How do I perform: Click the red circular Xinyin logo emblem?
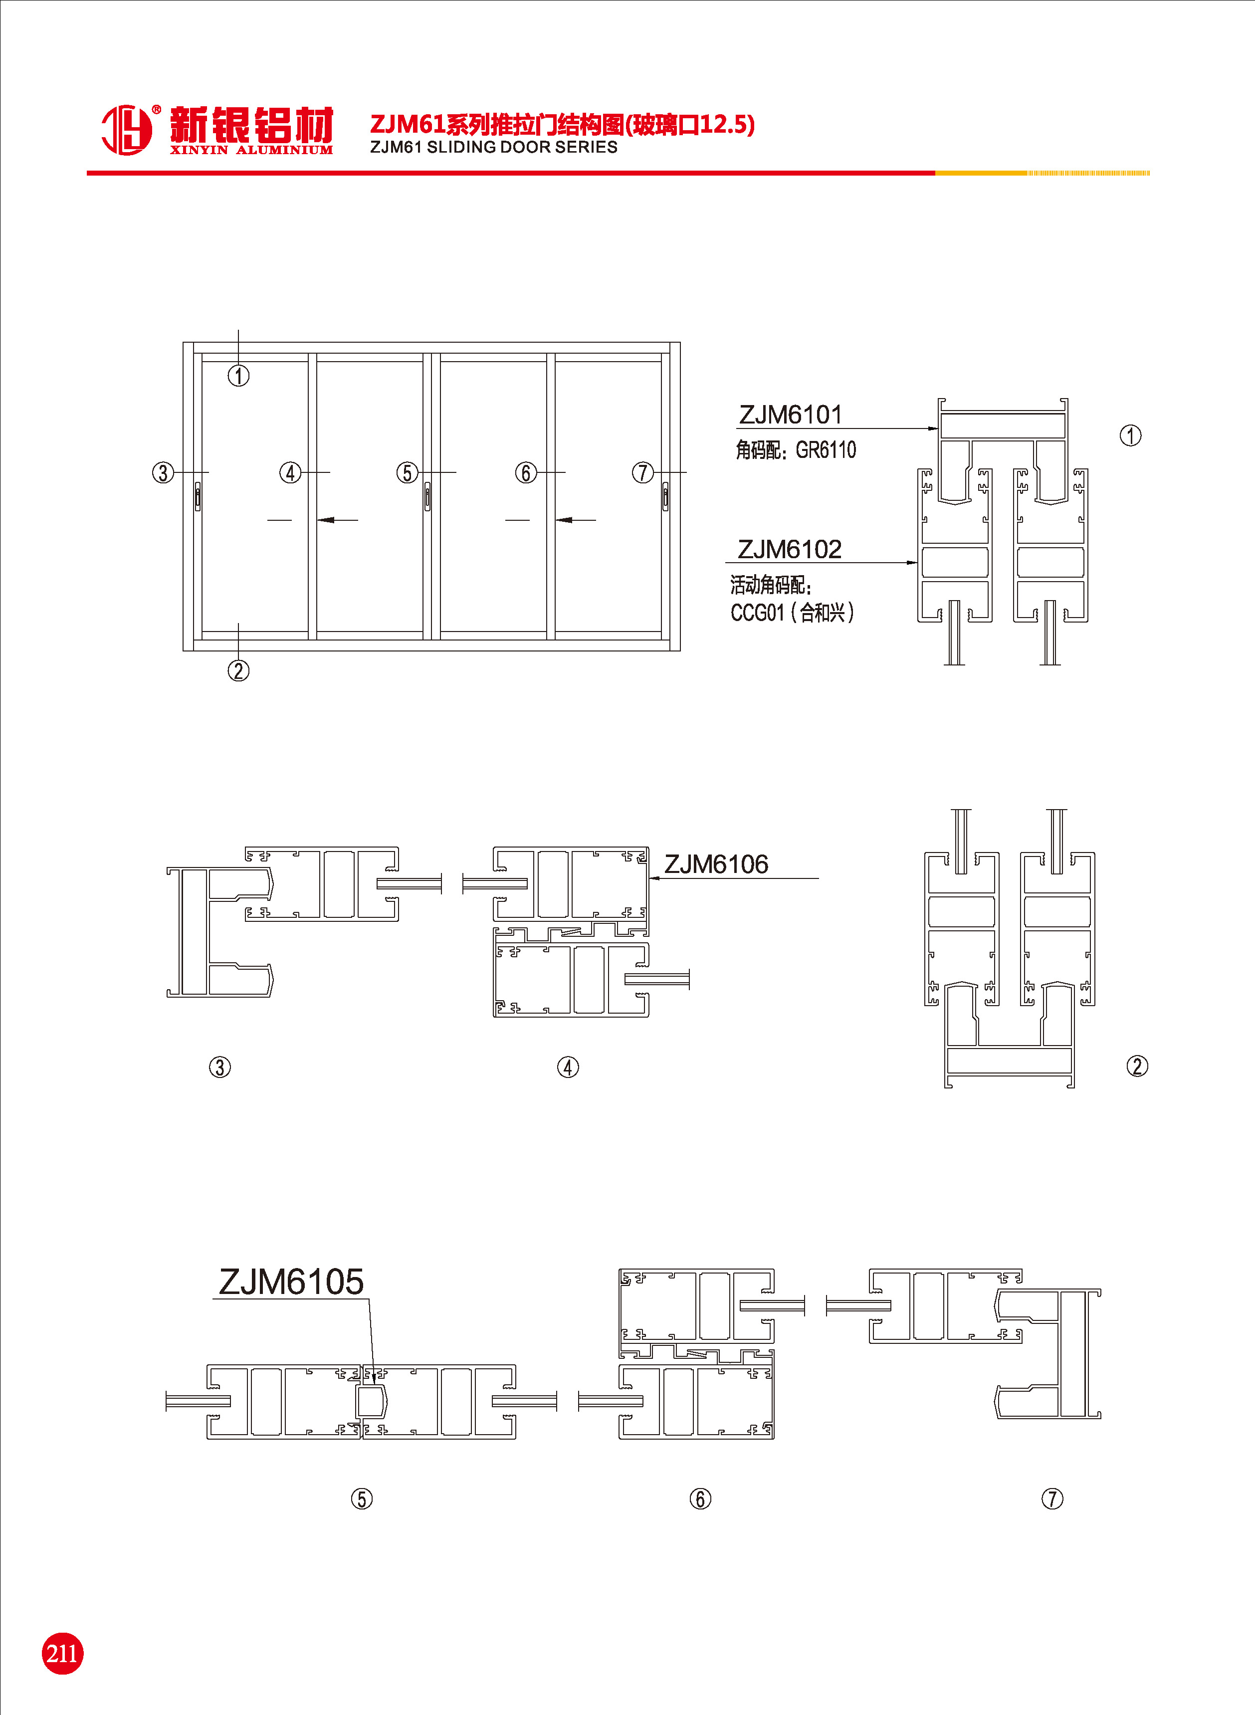(127, 130)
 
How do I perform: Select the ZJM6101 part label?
(791, 415)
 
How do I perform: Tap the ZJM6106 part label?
(716, 864)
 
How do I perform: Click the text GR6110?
(826, 450)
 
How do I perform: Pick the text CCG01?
(757, 613)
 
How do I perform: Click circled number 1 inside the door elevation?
(238, 375)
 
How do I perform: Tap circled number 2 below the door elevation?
(238, 670)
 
